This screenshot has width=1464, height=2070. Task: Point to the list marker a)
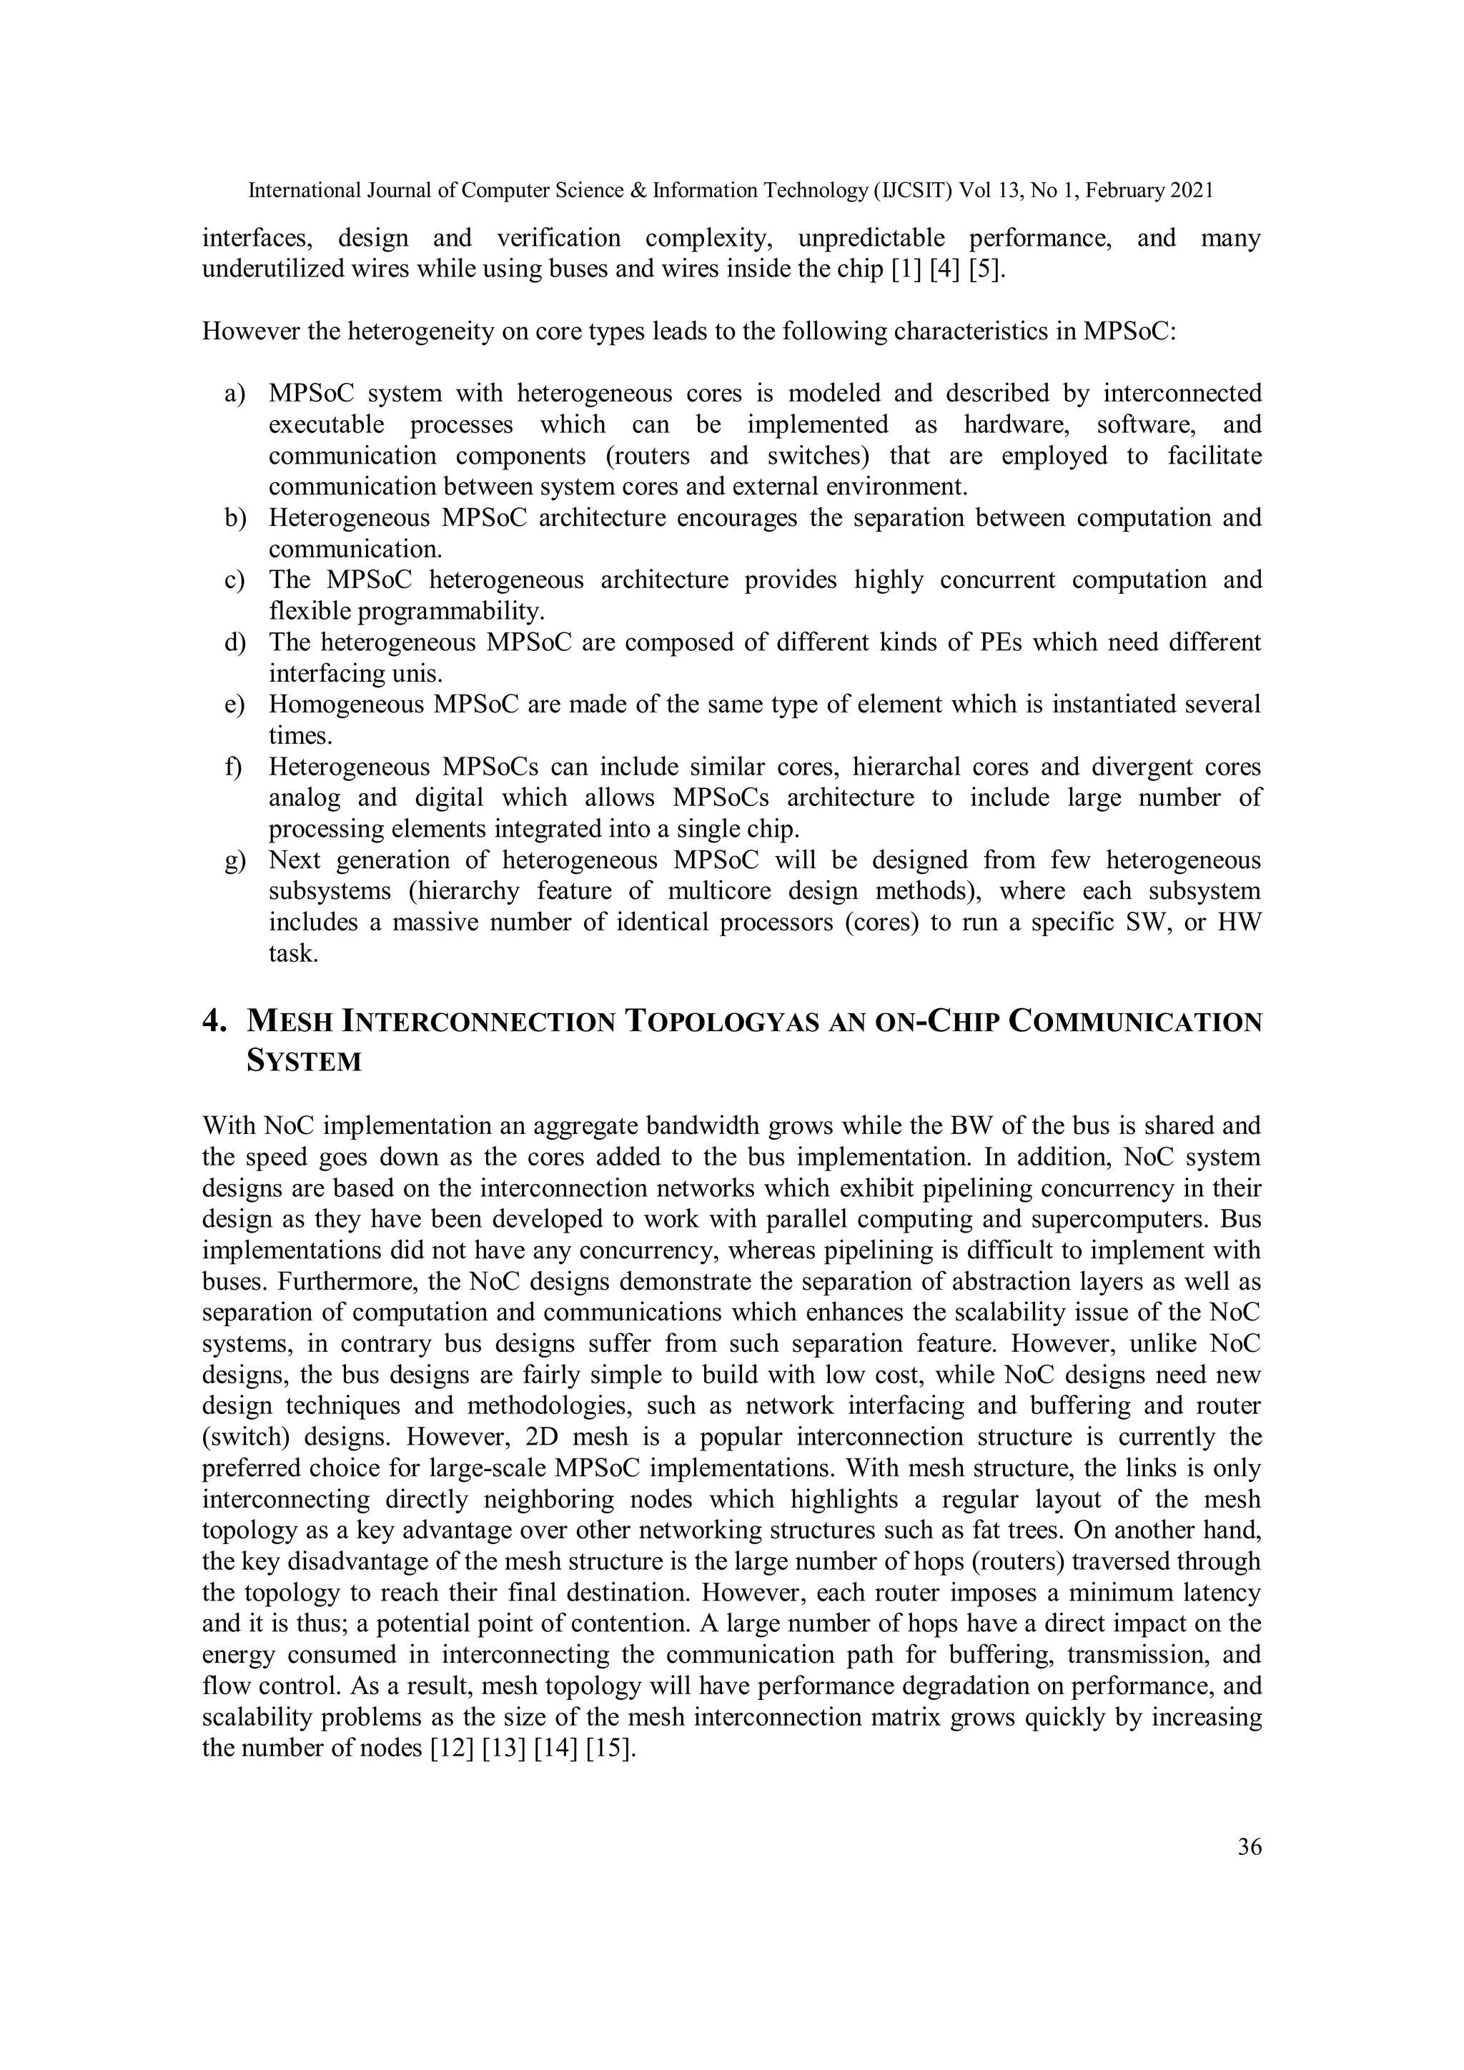(234, 394)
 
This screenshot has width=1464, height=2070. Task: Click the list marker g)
(234, 861)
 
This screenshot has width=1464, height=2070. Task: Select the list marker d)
(234, 643)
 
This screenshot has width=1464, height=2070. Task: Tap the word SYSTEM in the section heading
(304, 1061)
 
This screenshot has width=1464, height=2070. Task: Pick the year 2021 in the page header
(1192, 190)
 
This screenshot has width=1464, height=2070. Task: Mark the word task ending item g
(293, 954)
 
